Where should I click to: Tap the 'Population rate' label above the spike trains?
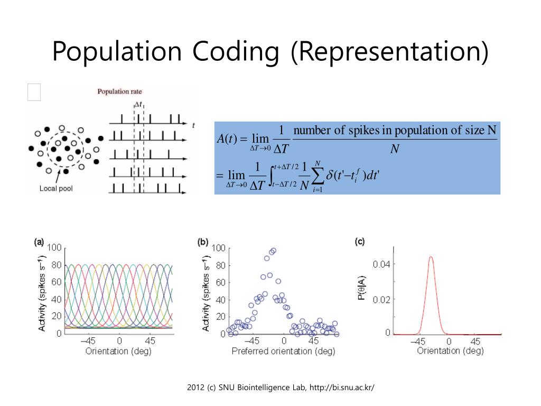(x=119, y=91)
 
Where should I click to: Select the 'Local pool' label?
(x=55, y=188)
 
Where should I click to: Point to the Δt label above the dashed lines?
(x=138, y=105)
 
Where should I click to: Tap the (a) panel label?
(x=39, y=242)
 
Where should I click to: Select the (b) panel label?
(x=203, y=242)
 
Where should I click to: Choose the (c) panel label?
(x=360, y=242)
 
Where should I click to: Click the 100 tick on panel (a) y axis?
(x=54, y=248)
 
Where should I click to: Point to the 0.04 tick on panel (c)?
(x=381, y=264)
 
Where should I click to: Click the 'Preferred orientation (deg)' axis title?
(x=283, y=351)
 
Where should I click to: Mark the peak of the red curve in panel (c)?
(x=431, y=257)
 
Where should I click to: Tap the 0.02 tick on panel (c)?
(x=381, y=299)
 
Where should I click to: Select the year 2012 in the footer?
(x=196, y=387)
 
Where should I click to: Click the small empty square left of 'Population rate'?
(x=34, y=92)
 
